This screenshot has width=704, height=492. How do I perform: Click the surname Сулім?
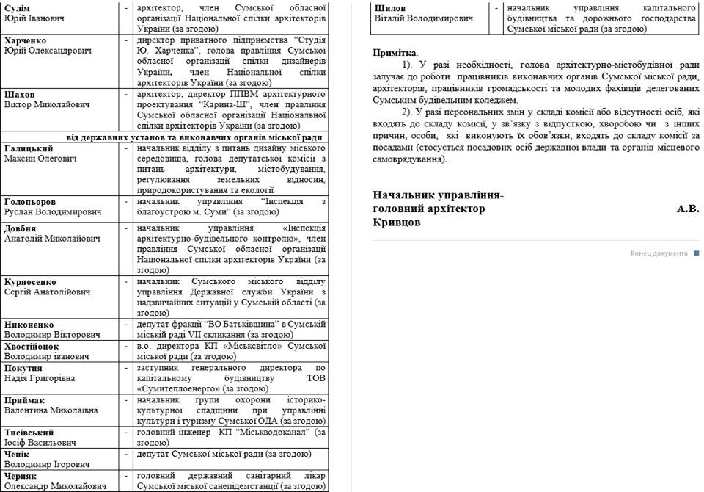click(x=17, y=7)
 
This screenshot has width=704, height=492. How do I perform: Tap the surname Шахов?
click(x=20, y=95)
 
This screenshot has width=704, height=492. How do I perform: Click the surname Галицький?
click(x=28, y=148)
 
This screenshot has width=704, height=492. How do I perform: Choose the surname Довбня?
click(x=21, y=228)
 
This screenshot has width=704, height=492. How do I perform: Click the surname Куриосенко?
click(x=32, y=281)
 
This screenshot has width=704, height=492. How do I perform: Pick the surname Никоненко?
click(x=29, y=325)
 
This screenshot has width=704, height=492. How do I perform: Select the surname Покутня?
click(x=23, y=368)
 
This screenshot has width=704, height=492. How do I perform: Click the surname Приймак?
click(x=26, y=400)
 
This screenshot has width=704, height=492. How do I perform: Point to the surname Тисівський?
click(x=29, y=433)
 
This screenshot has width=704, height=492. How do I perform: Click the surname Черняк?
click(x=21, y=475)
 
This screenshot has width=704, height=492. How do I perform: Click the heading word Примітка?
click(x=394, y=53)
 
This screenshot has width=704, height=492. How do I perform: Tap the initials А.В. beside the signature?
click(x=687, y=209)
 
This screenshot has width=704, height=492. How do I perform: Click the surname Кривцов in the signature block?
click(x=396, y=223)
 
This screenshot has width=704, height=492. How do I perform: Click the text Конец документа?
click(x=659, y=253)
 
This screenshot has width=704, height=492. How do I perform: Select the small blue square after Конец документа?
click(x=696, y=253)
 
